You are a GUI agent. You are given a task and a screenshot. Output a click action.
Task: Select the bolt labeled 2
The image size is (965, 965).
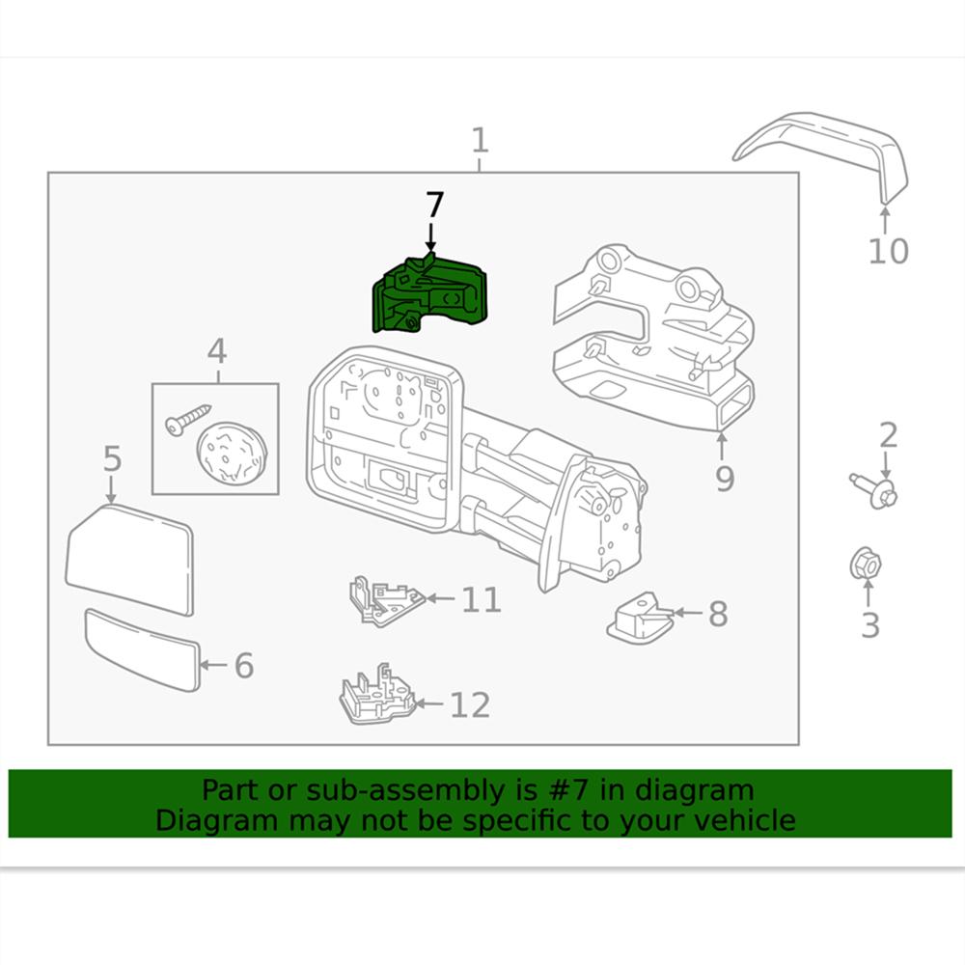pos(873,488)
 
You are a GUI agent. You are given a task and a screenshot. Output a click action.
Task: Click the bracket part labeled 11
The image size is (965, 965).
pos(385,600)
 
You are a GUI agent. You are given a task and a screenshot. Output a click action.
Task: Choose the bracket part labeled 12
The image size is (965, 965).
pos(377,697)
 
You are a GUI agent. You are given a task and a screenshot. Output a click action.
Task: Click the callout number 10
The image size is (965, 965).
pos(888,251)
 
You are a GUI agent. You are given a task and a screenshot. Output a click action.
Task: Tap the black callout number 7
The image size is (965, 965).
pos(434,205)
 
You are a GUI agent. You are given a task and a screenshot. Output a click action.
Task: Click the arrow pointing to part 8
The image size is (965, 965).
pos(686,613)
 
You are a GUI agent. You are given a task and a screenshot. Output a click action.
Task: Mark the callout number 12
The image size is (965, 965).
pos(470,705)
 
